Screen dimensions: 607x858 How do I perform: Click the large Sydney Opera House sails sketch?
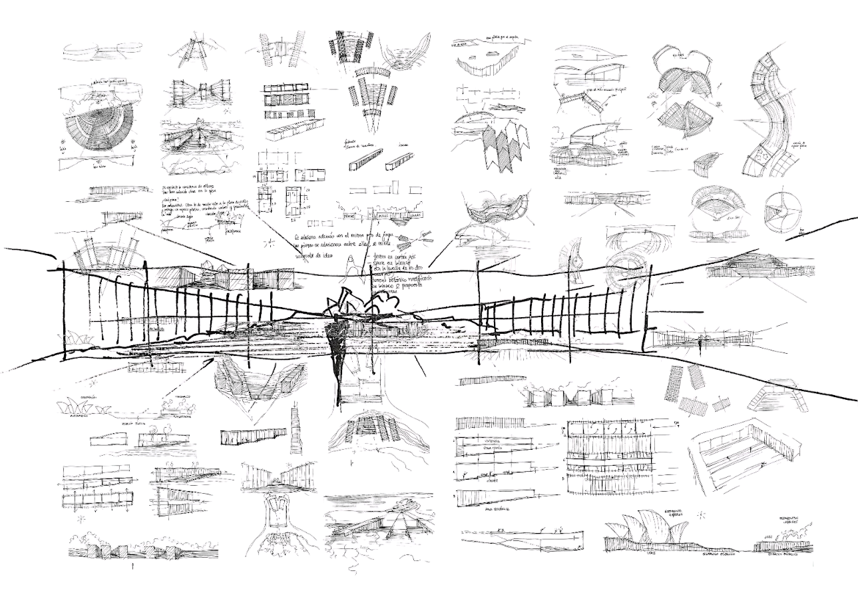[649, 531]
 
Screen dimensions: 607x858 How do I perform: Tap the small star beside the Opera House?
[702, 514]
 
